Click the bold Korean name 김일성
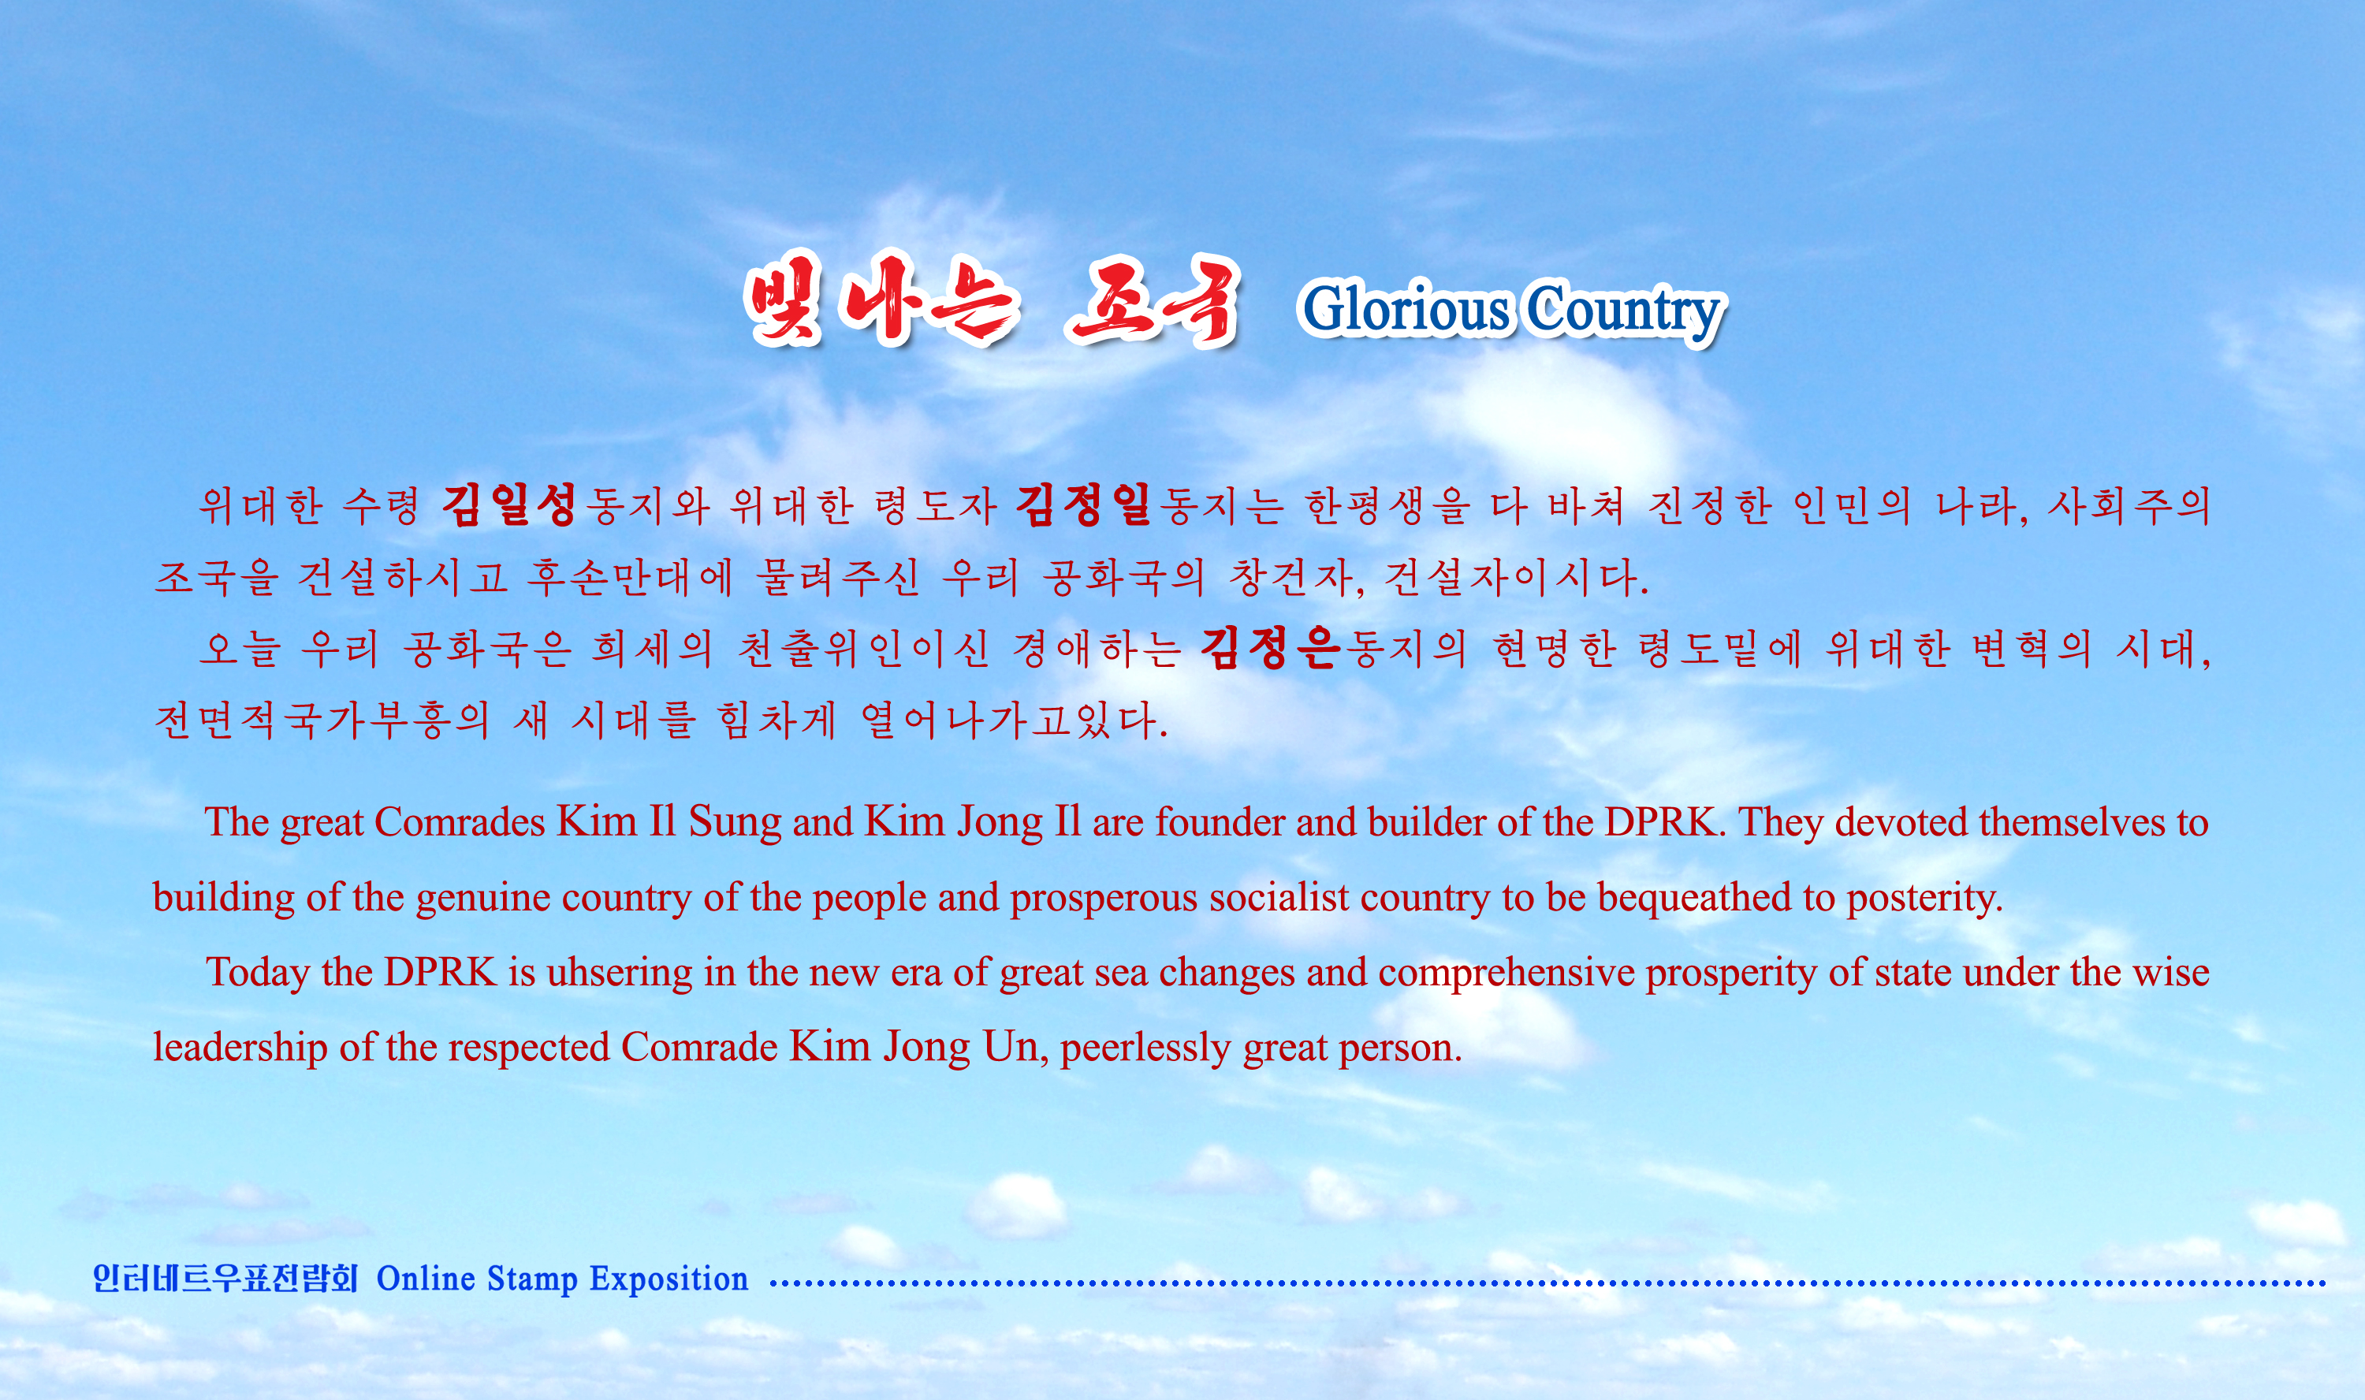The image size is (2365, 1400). tap(509, 505)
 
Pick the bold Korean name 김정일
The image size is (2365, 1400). tap(1084, 505)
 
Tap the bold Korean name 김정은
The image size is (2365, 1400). tap(1270, 647)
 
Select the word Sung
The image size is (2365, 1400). tap(735, 823)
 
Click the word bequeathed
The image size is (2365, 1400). tap(1694, 897)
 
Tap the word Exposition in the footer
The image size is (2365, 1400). tap(669, 1280)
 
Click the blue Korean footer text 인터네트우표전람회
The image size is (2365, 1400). tap(225, 1279)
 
